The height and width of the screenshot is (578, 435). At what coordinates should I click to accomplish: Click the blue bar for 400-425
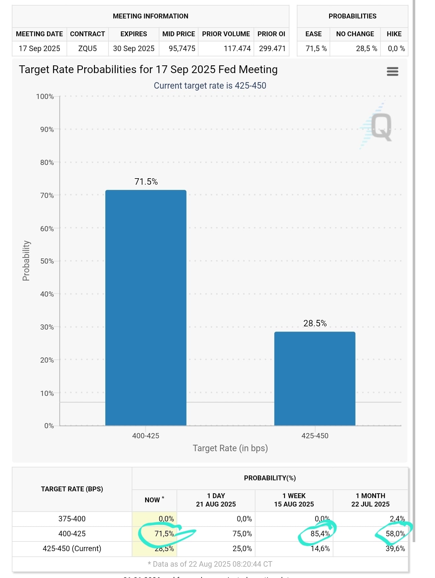pos(146,307)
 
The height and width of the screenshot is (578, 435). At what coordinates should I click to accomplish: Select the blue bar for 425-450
pos(315,378)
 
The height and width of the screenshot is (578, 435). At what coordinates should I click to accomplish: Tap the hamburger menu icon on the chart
pos(392,71)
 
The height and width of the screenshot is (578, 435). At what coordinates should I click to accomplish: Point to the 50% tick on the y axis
pos(47,261)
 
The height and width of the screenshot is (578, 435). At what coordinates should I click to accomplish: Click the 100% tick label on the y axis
pos(45,96)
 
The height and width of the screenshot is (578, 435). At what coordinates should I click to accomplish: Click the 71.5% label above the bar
pos(146,182)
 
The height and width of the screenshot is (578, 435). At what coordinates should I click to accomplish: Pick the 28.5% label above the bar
pos(315,323)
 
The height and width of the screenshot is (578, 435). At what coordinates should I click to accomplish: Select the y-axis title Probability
pos(26,261)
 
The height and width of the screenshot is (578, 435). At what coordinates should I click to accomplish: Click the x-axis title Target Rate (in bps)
pos(230,448)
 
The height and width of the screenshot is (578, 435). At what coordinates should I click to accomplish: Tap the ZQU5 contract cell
pos(87,49)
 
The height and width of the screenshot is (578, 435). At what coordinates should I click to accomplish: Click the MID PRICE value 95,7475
pos(182,49)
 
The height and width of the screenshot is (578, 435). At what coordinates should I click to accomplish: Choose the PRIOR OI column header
pos(271,34)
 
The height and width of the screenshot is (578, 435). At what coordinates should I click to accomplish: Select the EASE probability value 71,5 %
pos(316,49)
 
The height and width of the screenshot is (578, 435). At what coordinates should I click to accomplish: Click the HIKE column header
pos(394,34)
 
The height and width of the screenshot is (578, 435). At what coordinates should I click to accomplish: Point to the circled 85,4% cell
pos(320,534)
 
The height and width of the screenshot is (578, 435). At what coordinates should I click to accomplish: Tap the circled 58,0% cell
pos(395,534)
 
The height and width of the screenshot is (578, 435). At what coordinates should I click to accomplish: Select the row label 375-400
pos(72,519)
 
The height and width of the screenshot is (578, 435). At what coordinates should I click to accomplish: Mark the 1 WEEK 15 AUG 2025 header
pos(294,500)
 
